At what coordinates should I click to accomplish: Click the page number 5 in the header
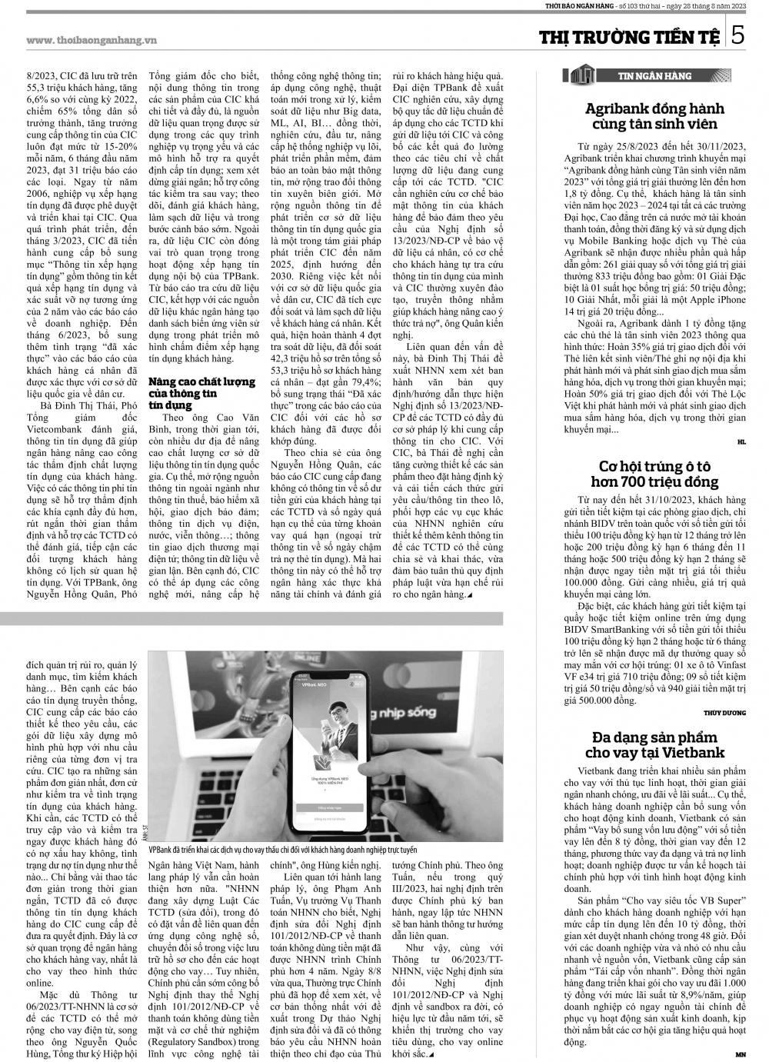pos(737,35)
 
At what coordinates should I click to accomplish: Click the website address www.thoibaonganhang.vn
pos(98,40)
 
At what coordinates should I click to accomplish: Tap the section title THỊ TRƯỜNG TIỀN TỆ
pos(631,37)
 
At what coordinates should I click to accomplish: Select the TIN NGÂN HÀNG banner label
pos(654,75)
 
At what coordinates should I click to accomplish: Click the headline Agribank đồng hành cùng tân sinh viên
pos(654,116)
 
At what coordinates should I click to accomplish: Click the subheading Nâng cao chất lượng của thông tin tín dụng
pos(201,392)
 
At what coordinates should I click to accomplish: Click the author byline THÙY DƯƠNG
pos(724,713)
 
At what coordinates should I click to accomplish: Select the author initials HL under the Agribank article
pos(741,442)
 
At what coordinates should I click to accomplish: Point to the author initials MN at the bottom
pos(740,1054)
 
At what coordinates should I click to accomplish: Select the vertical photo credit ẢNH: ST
pos(144,831)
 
